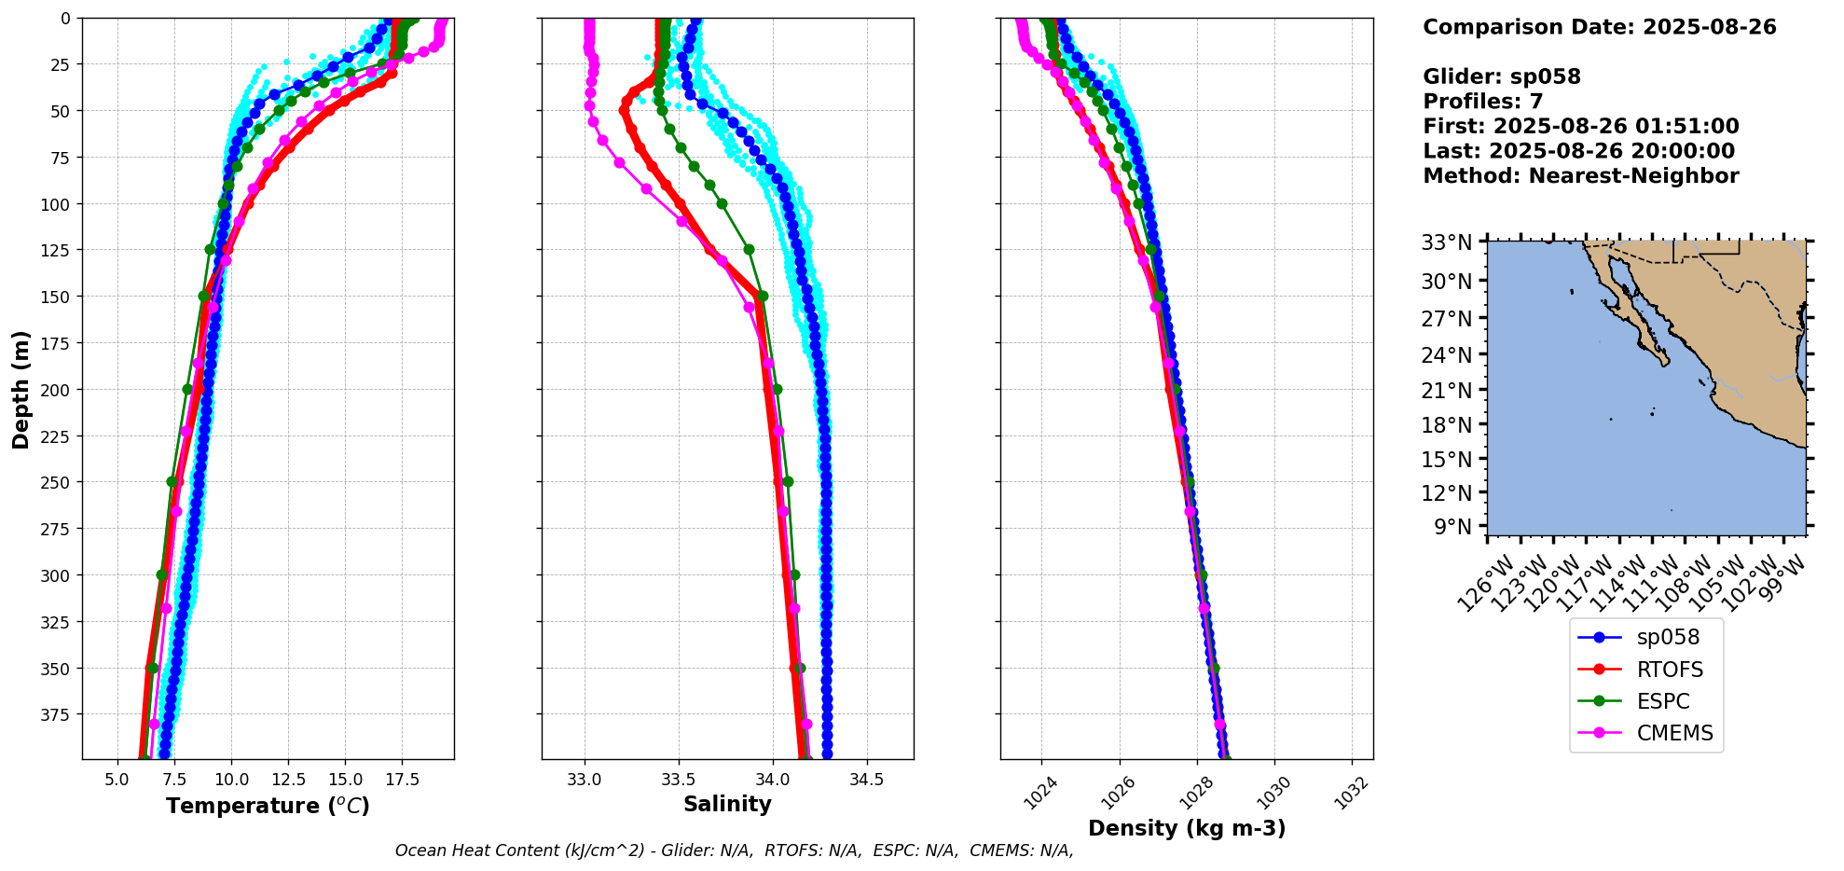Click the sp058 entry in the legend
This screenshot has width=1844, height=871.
(1667, 638)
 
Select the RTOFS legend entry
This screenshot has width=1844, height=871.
(1669, 670)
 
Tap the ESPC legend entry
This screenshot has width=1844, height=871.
(1662, 701)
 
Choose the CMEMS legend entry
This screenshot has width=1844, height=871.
(1674, 733)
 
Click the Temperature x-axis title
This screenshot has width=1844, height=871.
(268, 806)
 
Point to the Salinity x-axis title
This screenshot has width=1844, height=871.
(727, 805)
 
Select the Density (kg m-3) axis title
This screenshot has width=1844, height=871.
(1187, 828)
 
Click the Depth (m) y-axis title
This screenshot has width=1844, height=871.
(21, 389)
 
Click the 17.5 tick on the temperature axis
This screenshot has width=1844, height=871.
(402, 780)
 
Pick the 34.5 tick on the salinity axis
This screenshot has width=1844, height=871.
(867, 780)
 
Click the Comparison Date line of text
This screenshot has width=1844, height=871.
(1599, 27)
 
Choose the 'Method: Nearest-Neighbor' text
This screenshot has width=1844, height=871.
(1580, 176)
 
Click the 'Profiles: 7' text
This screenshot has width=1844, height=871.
(1482, 102)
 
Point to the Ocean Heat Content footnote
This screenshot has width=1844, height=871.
(734, 850)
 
